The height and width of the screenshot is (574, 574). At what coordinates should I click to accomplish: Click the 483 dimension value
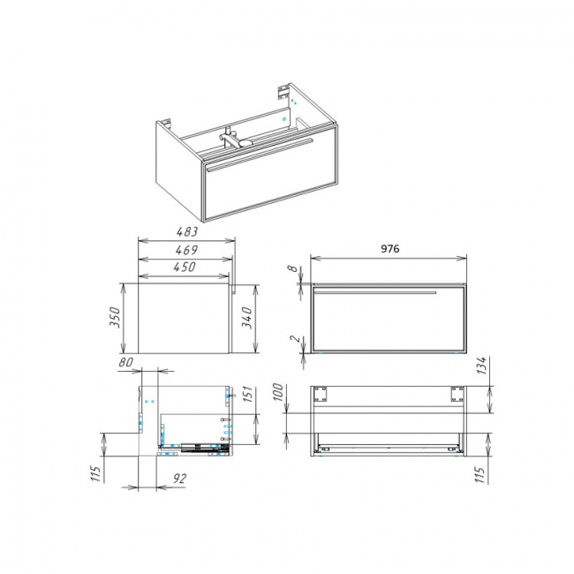click(x=187, y=231)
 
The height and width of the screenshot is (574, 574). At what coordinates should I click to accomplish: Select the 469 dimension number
click(x=186, y=250)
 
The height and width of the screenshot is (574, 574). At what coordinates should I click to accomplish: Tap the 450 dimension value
click(x=185, y=267)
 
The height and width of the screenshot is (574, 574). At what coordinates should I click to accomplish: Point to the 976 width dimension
click(x=390, y=248)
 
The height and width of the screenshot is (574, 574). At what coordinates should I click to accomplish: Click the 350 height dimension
click(x=115, y=318)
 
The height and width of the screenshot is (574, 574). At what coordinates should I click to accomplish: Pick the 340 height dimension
click(x=247, y=318)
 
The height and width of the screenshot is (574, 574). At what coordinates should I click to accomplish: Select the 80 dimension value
click(x=125, y=362)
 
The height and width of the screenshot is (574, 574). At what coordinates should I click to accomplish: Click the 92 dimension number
click(x=179, y=479)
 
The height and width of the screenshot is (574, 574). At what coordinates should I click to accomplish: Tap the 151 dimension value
click(x=247, y=395)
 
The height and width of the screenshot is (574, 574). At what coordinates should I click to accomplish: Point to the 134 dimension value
click(x=482, y=366)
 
